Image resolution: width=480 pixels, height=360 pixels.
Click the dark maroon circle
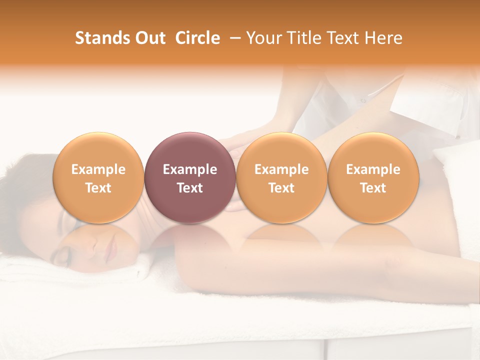pos(190,177)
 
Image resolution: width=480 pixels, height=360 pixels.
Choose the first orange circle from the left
pos(98,177)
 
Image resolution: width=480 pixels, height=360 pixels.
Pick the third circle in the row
pos(281,177)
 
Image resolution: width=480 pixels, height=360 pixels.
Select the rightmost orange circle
pos(373,177)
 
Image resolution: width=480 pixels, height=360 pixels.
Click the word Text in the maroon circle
pos(190,188)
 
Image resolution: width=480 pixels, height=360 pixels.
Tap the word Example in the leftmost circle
pos(98,169)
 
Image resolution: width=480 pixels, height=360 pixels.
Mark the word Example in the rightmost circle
pos(373,169)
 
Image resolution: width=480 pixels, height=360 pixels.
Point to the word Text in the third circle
pos(281,188)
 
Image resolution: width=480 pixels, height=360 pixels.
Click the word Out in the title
pos(150,38)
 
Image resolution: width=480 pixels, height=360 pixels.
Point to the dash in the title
pos(233,38)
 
